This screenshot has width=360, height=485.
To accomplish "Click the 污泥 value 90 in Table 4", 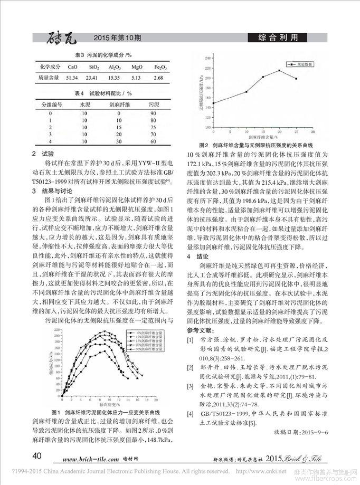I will click(x=154, y=113).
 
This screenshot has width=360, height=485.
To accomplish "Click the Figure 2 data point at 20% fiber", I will click(x=279, y=70).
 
